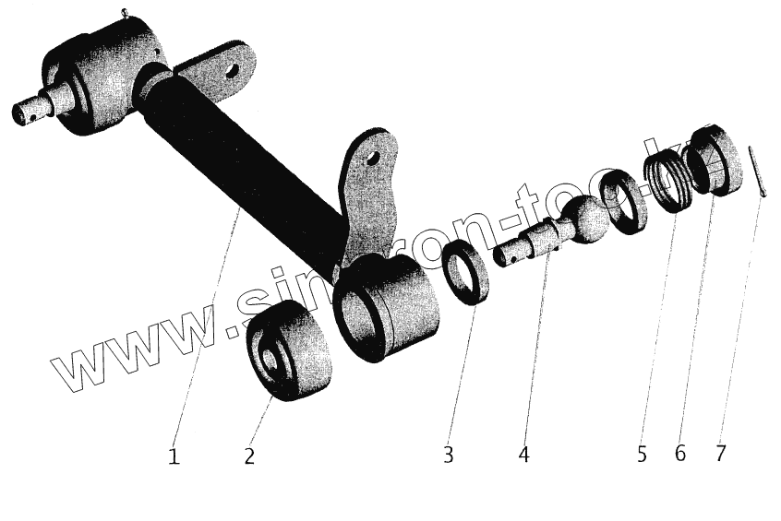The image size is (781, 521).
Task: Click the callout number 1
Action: (174, 456)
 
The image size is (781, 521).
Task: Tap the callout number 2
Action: (249, 456)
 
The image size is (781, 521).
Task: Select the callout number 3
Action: (448, 455)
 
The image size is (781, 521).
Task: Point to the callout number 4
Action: (523, 455)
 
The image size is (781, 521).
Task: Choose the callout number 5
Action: (643, 454)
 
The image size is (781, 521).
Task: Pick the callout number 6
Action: (680, 454)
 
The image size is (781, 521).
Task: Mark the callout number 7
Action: (720, 454)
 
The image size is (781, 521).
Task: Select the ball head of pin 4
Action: (584, 220)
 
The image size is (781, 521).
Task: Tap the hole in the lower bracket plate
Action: (373, 159)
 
